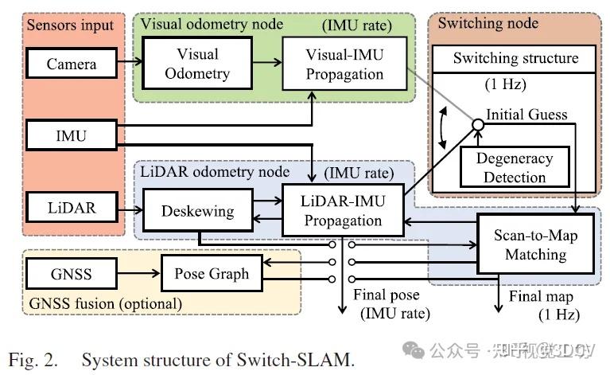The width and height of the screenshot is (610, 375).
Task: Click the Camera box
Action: (x=71, y=64)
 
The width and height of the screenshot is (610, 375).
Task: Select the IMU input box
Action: (x=71, y=135)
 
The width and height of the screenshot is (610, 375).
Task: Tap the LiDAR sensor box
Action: (x=71, y=208)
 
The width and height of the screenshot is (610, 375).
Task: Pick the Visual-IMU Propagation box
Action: (x=344, y=64)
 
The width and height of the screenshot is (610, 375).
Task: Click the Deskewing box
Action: (x=197, y=212)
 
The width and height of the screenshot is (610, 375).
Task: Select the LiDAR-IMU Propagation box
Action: (x=342, y=210)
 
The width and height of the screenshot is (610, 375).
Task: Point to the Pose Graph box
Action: (x=211, y=274)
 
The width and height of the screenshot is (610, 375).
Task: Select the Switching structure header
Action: (x=515, y=58)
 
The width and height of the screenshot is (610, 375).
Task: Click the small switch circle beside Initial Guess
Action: (x=477, y=125)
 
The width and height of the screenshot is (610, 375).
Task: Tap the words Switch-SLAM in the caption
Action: (x=296, y=359)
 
